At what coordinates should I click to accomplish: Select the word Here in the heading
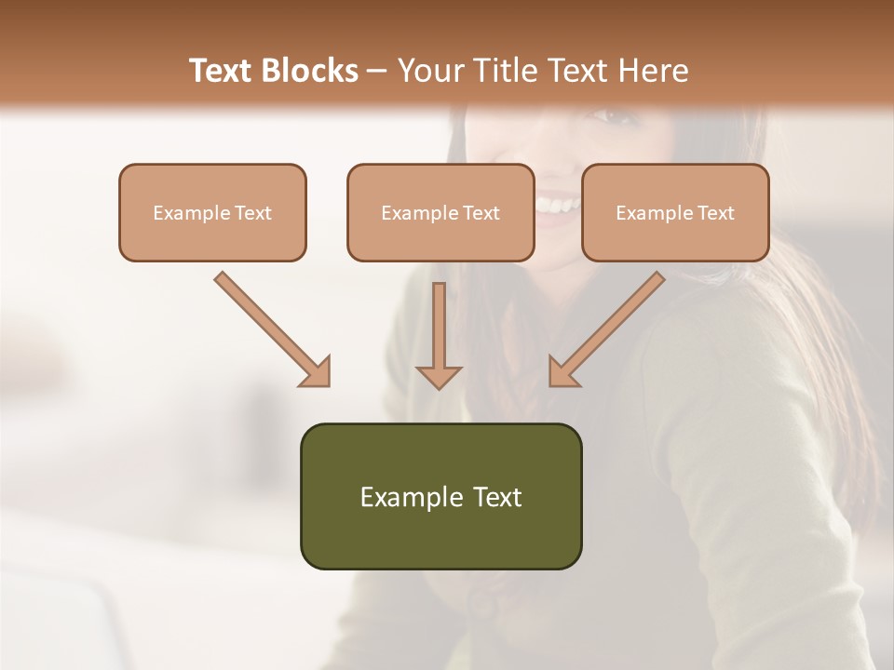click(x=654, y=71)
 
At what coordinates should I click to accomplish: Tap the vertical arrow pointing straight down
click(x=439, y=335)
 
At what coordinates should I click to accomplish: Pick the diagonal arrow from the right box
click(x=607, y=328)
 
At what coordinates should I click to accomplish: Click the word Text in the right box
click(x=715, y=213)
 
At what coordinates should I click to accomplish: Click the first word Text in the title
click(x=223, y=71)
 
